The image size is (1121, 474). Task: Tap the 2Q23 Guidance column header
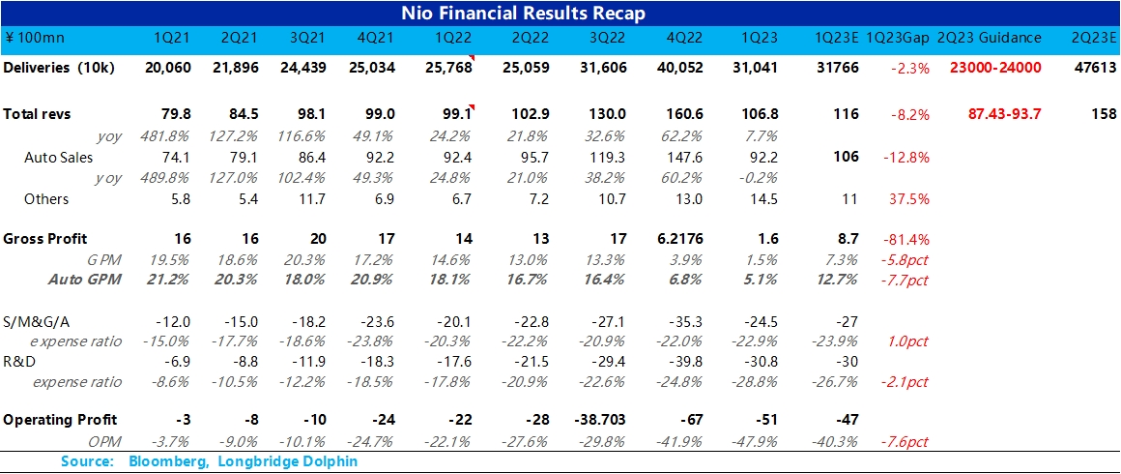click(x=996, y=38)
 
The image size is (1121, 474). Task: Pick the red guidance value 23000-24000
click(x=995, y=68)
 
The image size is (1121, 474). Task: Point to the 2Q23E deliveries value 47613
click(x=1094, y=68)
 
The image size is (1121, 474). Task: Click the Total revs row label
click(x=37, y=114)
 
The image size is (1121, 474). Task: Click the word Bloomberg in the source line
click(x=164, y=461)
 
